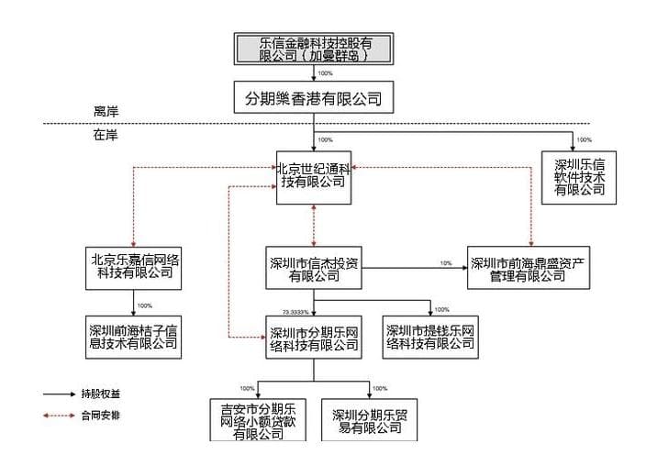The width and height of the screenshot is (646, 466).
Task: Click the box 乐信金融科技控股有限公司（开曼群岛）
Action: [313, 48]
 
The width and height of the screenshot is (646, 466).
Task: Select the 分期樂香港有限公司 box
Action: [313, 98]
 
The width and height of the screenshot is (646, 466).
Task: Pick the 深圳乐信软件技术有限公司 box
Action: [579, 177]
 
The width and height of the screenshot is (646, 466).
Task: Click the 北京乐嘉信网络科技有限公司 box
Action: [133, 264]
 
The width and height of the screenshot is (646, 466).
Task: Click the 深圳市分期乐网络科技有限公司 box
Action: [313, 338]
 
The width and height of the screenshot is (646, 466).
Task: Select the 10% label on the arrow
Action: [446, 263]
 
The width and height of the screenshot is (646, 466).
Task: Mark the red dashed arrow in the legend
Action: [60, 416]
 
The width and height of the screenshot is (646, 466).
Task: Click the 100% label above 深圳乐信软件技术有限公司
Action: [584, 140]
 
